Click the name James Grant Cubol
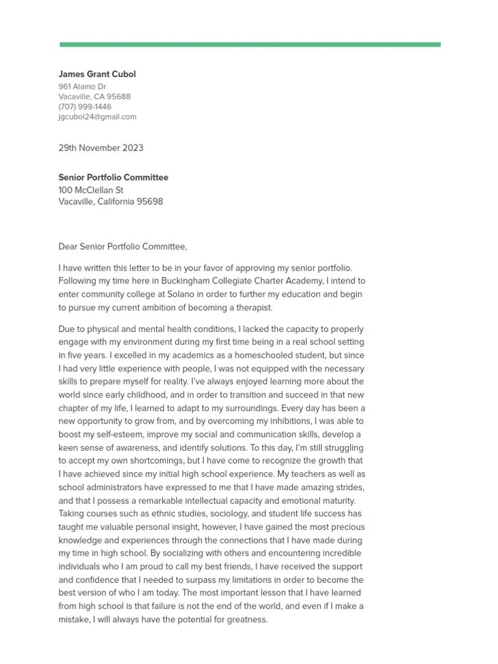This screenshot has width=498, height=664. point(97,74)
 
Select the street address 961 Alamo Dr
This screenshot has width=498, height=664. point(82,86)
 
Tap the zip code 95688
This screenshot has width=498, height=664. point(119,97)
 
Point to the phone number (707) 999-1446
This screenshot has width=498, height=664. point(85,106)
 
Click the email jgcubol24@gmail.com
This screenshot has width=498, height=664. point(97,117)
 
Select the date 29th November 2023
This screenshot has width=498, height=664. point(101,148)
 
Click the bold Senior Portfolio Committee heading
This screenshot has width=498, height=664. point(113,177)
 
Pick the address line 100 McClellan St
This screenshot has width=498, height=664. point(91,190)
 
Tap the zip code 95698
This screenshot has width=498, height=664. point(150,202)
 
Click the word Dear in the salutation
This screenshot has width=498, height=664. point(68,246)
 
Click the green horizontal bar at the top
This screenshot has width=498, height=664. point(250,45)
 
